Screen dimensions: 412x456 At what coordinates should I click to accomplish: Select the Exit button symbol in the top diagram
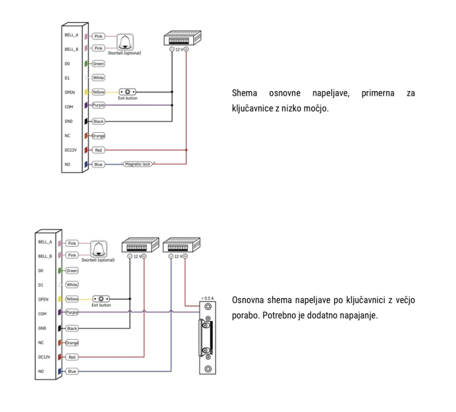(129, 91)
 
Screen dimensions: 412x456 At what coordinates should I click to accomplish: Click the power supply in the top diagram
(179, 38)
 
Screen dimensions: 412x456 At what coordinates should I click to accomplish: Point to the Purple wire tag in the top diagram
(99, 105)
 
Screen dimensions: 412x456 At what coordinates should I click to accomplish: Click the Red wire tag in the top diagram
(98, 150)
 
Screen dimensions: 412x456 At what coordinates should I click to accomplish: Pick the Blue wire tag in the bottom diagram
(72, 372)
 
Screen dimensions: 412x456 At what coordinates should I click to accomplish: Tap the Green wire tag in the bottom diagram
(72, 271)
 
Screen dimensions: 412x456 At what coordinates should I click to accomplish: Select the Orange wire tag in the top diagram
(99, 136)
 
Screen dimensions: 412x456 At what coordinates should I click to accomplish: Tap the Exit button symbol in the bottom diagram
(101, 298)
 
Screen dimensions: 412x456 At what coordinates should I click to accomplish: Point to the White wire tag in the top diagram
(99, 77)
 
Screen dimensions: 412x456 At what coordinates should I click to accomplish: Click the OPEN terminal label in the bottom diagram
(43, 298)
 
